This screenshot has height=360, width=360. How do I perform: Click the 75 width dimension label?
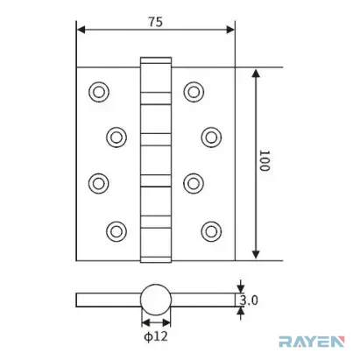[155, 22]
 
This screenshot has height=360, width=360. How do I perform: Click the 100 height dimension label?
[265, 160]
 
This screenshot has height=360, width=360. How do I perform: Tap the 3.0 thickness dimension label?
[249, 300]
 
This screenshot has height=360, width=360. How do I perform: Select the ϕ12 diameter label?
[156, 336]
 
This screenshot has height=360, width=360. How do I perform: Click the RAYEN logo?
[312, 342]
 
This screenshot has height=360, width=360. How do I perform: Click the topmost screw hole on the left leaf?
[99, 92]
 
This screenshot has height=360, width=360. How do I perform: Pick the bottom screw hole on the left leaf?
[116, 231]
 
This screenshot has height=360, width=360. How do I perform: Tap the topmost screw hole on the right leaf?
[194, 92]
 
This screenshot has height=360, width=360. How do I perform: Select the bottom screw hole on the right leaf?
[211, 231]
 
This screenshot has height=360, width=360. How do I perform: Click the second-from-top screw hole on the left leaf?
[116, 138]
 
